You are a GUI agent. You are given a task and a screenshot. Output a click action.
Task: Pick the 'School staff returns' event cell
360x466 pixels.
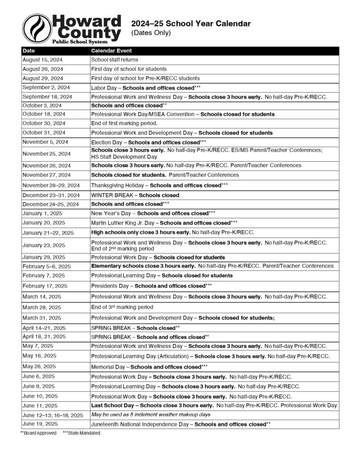coord(115,60)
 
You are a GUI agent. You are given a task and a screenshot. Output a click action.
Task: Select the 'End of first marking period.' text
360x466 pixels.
coord(124,123)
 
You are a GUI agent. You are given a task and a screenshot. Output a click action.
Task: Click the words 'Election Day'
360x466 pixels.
coord(107,142)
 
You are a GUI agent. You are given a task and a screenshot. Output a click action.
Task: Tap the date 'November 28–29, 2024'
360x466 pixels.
coord(51,185)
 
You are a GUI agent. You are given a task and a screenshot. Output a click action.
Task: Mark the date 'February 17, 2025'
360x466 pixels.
coord(44,286)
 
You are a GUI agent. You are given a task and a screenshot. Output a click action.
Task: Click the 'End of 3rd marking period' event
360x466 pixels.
coord(122,307)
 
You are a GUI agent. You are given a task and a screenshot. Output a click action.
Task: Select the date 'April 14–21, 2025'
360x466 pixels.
coord(45,328)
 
